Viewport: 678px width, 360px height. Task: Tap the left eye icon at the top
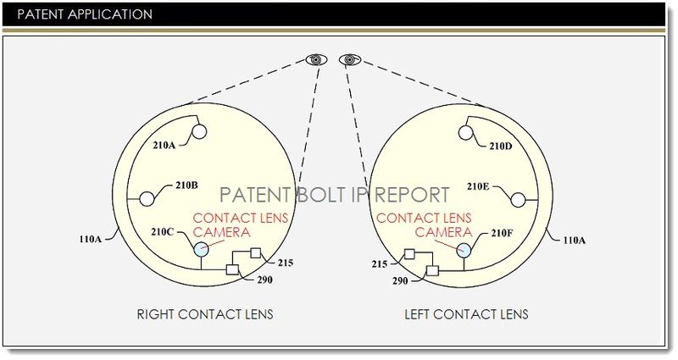point(315,59)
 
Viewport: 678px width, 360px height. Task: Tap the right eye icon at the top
point(347,59)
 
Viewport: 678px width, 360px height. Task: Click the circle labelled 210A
point(200,131)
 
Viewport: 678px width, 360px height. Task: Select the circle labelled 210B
point(147,197)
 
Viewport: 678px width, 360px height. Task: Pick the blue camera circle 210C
point(201,249)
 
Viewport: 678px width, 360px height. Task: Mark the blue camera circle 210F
point(464,249)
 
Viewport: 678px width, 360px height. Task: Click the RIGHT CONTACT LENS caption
point(205,314)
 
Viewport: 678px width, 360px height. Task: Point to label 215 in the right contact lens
point(285,263)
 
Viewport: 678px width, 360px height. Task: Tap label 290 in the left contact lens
point(400,279)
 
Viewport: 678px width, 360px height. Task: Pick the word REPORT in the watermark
point(407,194)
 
